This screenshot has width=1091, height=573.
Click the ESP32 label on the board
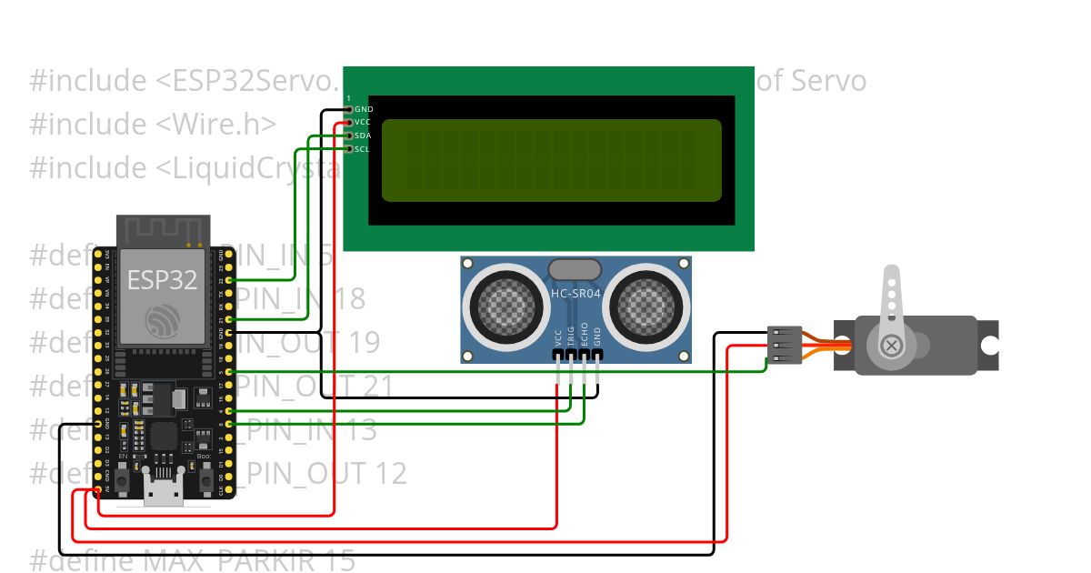(162, 279)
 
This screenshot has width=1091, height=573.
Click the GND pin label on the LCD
(363, 109)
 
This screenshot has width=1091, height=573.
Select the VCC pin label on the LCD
(363, 122)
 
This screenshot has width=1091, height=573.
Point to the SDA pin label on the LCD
(363, 136)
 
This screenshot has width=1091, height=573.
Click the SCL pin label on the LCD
(362, 148)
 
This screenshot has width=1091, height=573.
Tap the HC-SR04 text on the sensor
(576, 294)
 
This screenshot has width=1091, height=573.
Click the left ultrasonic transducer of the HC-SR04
(501, 305)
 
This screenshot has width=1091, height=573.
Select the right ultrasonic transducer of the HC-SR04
(650, 305)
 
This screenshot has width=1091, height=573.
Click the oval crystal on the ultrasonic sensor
(575, 268)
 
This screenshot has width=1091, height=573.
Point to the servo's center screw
(892, 346)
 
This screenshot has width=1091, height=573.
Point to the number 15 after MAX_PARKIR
(339, 561)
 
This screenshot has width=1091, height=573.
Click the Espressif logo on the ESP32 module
(164, 320)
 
